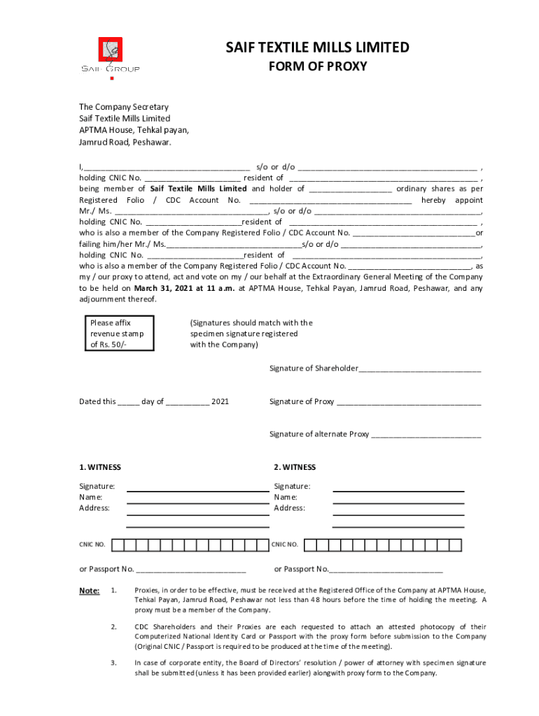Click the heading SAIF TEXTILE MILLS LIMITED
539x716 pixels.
tap(317, 48)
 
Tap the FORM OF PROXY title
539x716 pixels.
tap(318, 67)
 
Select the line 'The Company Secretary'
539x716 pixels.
tap(123, 107)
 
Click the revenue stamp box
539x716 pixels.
tap(118, 334)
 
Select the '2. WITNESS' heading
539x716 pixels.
tap(295, 467)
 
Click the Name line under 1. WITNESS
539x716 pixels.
tap(197, 501)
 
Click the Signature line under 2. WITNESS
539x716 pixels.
tap(398, 490)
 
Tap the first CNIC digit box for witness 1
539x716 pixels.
tap(119, 545)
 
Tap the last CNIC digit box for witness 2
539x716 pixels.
tap(457, 545)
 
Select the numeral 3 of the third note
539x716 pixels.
tap(113, 662)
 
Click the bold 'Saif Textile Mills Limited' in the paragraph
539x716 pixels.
tap(198, 189)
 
